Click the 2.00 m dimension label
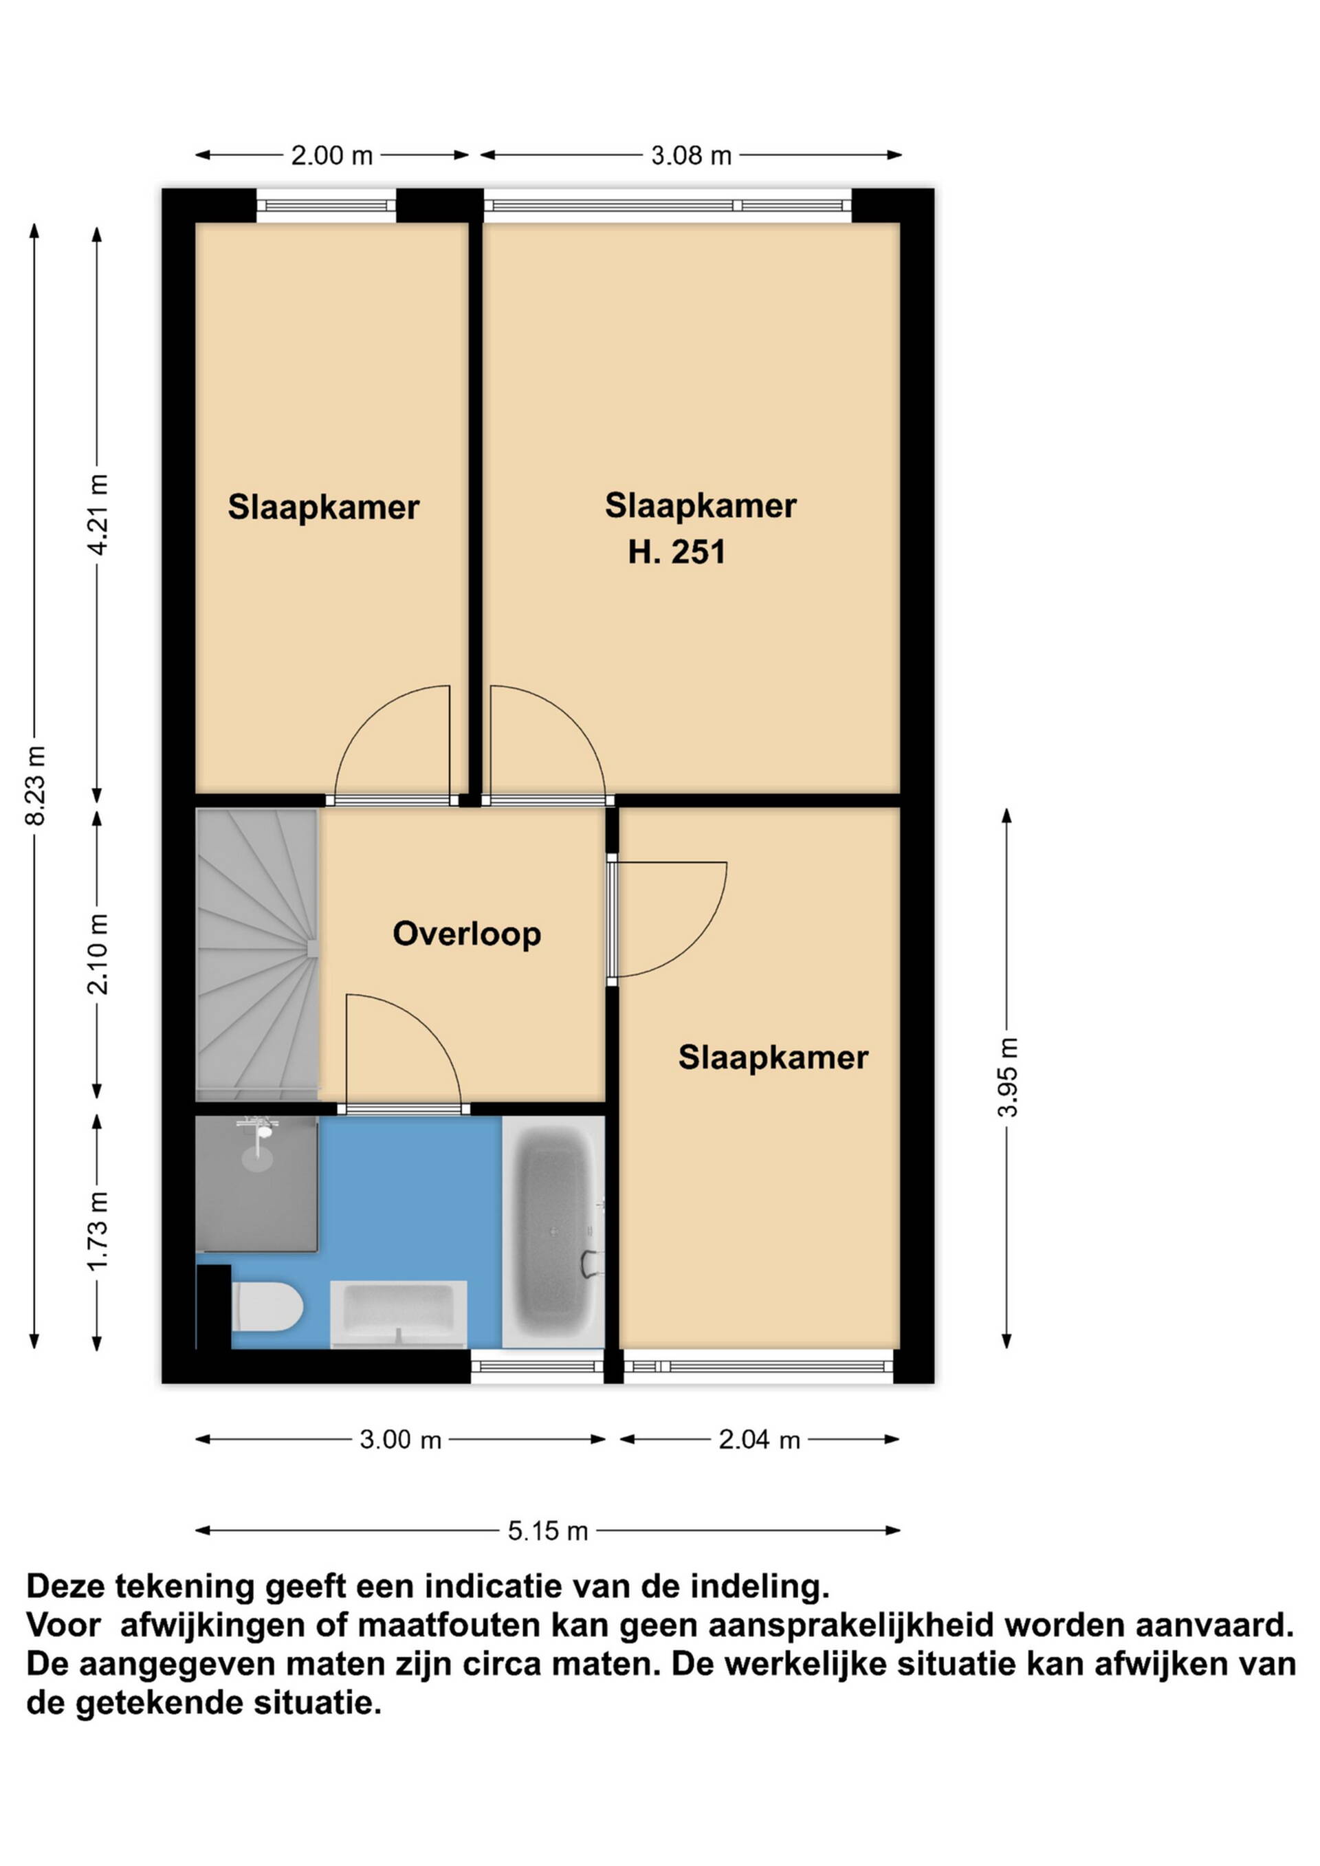click(x=331, y=155)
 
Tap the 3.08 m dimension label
click(x=691, y=155)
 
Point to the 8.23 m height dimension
click(x=35, y=785)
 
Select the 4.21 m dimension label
click(x=98, y=514)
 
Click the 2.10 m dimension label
click(x=98, y=954)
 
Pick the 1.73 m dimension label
click(x=98, y=1231)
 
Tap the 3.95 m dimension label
click(x=1007, y=1077)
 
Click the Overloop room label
click(x=467, y=934)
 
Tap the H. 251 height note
click(x=676, y=552)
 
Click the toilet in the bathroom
click(x=267, y=1308)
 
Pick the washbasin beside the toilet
click(x=398, y=1314)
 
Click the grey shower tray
click(x=256, y=1184)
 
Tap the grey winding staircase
click(x=257, y=955)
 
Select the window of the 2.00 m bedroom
click(x=326, y=206)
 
